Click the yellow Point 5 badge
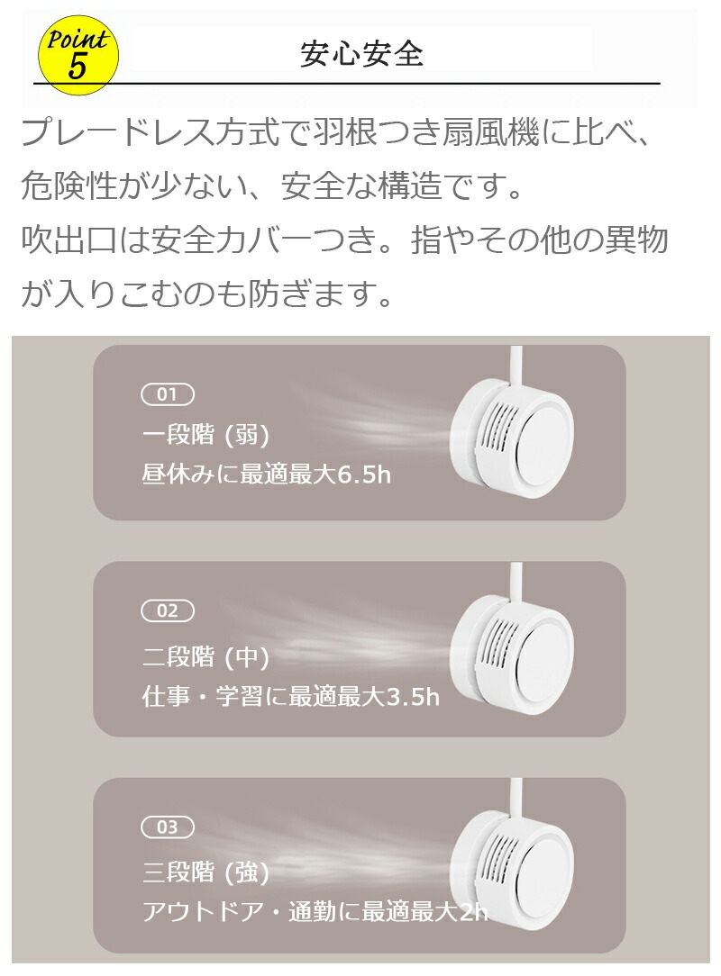coord(78,55)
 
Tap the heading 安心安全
coord(361,54)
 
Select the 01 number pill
coord(168,394)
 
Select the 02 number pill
coord(168,610)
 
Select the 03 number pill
coord(168,827)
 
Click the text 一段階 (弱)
coord(205,435)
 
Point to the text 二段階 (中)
coord(205,656)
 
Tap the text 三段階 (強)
coord(205,872)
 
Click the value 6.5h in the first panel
coord(363,474)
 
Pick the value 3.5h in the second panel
coord(413,696)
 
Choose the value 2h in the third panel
coord(473,912)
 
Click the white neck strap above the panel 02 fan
coord(516,582)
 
